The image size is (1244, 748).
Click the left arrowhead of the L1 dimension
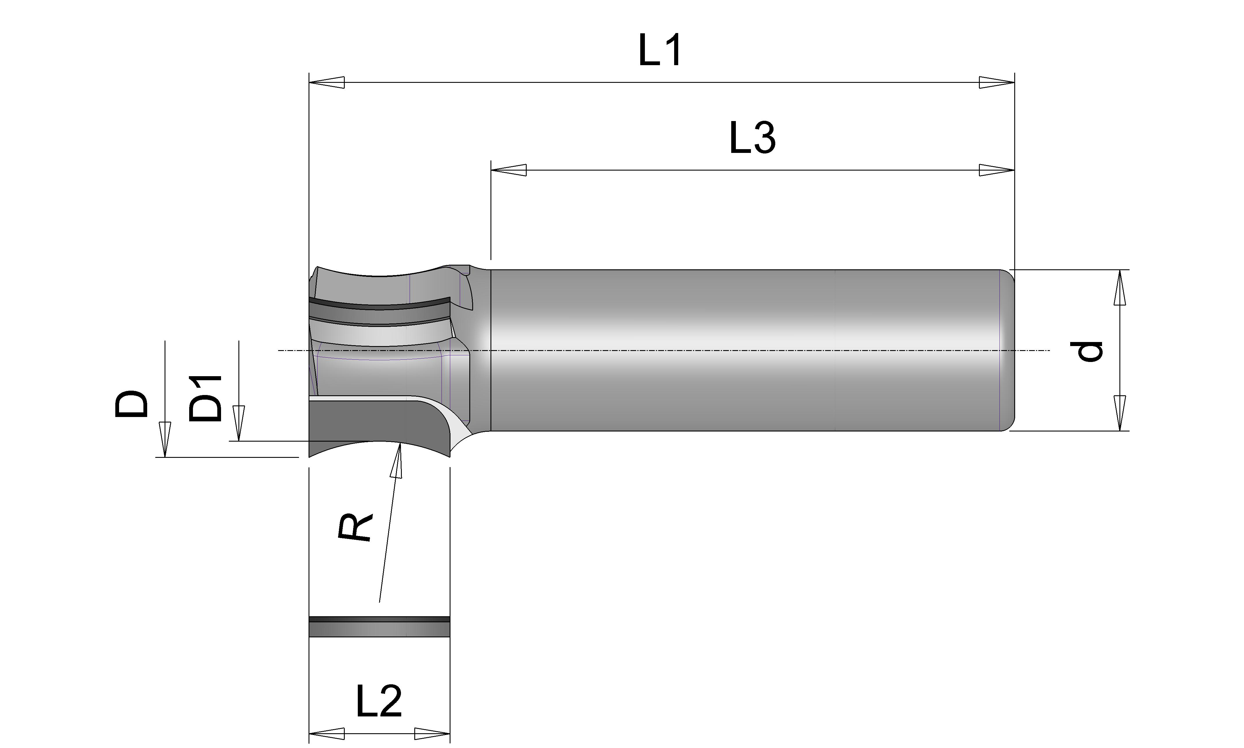click(x=327, y=82)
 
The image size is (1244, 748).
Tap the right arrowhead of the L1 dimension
click(x=996, y=82)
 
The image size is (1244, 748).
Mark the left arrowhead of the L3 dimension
click(x=509, y=170)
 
